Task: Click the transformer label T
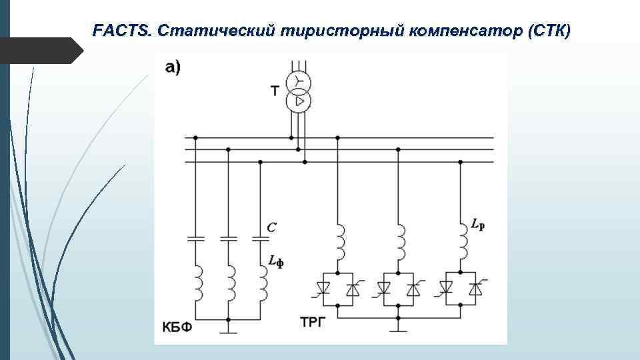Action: point(274,90)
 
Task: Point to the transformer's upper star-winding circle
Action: point(298,82)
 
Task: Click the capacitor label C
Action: point(271,227)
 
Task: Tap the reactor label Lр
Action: point(477,226)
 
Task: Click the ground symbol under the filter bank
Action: point(228,327)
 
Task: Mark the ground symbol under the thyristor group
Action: point(398,327)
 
